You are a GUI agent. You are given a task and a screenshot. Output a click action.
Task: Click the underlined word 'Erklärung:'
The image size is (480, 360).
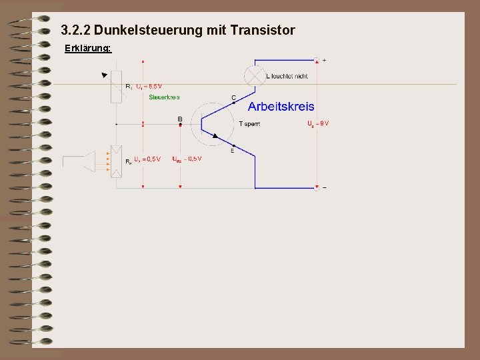87,49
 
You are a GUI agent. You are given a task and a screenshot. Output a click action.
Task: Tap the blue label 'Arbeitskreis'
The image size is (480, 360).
281,107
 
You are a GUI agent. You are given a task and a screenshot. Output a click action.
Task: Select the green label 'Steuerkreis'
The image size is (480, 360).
164,97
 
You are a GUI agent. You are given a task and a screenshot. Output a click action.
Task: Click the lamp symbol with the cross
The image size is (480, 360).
255,75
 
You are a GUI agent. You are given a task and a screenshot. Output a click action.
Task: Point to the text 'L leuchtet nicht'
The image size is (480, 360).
287,76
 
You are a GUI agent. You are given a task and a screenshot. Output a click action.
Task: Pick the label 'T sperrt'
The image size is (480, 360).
249,124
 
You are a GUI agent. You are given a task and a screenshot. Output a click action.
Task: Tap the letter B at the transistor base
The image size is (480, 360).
179,119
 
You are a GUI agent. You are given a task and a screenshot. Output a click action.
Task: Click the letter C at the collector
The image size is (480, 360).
233,97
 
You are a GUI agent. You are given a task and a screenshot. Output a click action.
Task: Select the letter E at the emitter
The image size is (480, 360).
232,151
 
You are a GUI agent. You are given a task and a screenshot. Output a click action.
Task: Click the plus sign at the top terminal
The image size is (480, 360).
324,61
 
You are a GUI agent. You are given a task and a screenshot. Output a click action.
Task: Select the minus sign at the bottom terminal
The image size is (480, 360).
324,188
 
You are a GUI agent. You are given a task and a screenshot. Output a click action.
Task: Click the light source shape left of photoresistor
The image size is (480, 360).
79,161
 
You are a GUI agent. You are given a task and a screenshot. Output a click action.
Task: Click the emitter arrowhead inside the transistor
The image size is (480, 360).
215,135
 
